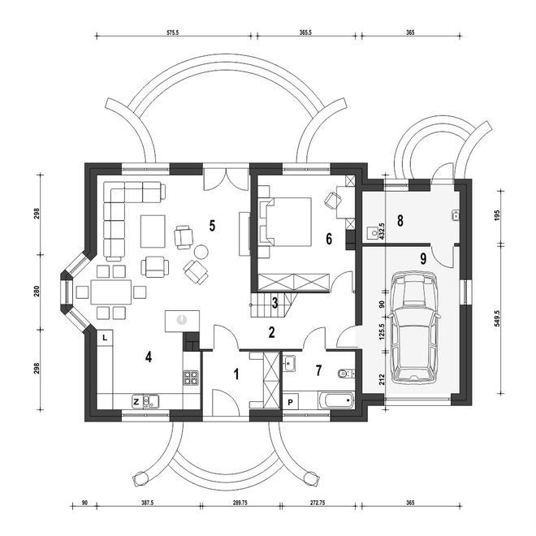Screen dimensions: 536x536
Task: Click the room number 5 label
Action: (x=211, y=226)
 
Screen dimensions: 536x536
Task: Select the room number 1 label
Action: (x=236, y=374)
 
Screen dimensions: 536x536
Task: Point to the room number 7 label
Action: (x=318, y=370)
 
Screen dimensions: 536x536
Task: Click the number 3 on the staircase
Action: (x=275, y=303)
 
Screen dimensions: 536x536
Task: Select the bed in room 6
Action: (x=286, y=221)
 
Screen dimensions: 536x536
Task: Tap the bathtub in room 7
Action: (x=335, y=399)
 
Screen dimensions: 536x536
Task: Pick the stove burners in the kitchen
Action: (x=192, y=377)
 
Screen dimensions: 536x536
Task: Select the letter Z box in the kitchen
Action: (x=136, y=400)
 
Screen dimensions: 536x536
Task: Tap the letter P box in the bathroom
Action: (x=291, y=400)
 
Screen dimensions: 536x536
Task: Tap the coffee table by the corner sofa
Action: (x=153, y=231)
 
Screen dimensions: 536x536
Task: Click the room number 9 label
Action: (x=423, y=258)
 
